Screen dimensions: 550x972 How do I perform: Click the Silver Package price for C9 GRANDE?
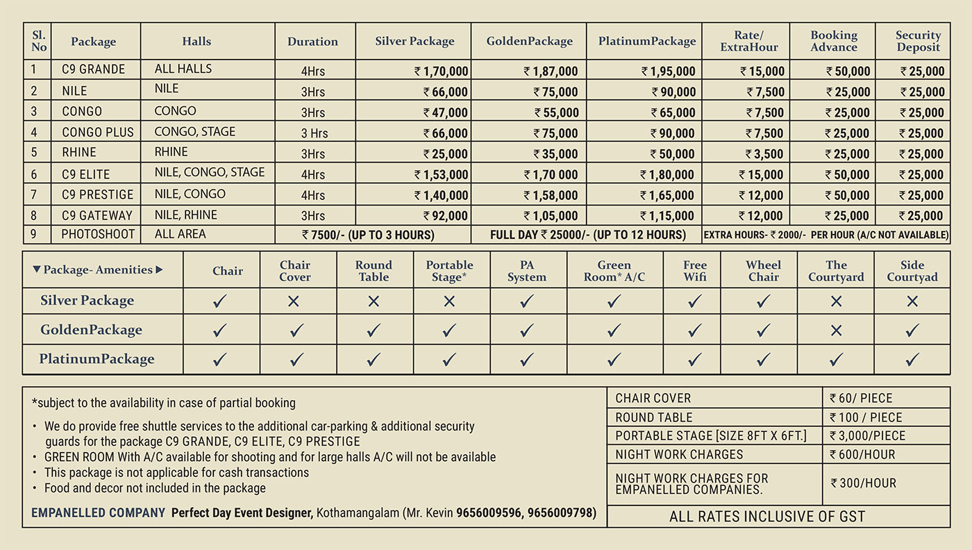[442, 71]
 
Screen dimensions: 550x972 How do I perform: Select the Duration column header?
[312, 42]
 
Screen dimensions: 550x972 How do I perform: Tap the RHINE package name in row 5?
[79, 153]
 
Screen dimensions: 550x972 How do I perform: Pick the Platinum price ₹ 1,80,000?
[667, 175]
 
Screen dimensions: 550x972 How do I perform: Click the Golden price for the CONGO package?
[555, 112]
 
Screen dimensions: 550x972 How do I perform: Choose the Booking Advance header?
[833, 41]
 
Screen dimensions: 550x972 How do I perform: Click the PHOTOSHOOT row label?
[98, 235]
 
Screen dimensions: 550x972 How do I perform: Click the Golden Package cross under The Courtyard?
[836, 331]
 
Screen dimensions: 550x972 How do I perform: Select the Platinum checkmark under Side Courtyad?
[912, 359]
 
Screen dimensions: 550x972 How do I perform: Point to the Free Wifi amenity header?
[694, 271]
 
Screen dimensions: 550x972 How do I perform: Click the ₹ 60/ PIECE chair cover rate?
[861, 398]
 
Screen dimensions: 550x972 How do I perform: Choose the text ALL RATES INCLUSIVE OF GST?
[767, 516]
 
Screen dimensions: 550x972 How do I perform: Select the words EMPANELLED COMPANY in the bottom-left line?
[98, 513]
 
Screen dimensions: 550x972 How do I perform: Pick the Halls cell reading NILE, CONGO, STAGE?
[210, 172]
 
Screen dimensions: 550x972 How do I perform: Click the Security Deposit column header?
[918, 41]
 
